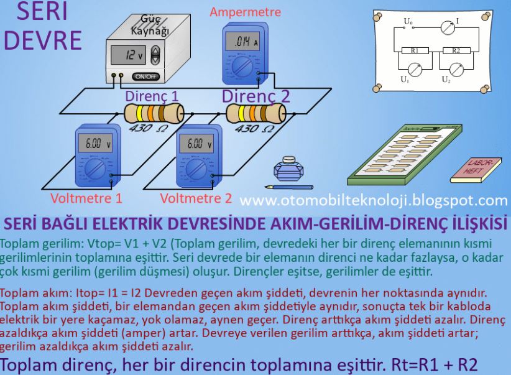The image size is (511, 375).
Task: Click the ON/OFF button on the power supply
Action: [145, 76]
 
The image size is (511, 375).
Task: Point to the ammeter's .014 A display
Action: [243, 42]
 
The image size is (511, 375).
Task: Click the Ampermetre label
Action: [245, 12]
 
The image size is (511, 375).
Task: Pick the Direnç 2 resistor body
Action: [255, 114]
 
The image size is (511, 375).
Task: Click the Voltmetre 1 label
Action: [86, 199]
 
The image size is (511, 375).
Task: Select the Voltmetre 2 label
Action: [195, 199]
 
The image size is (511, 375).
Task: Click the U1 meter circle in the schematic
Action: [415, 70]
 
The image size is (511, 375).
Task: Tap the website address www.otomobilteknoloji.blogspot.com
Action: [373, 200]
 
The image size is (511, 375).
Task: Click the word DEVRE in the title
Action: [42, 39]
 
